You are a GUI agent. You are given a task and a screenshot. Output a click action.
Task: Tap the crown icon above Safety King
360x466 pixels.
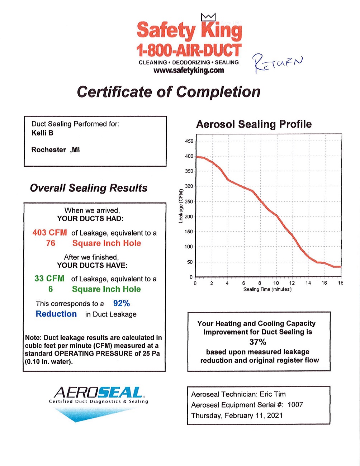[x=208, y=17]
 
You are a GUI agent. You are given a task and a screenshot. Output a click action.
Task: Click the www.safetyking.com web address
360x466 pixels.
[x=189, y=70]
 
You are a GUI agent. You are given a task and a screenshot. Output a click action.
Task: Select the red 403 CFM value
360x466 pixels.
[x=49, y=233]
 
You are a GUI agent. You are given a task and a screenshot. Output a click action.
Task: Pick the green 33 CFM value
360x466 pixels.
[x=49, y=279]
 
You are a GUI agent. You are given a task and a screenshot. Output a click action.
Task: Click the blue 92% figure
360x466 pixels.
[x=122, y=304]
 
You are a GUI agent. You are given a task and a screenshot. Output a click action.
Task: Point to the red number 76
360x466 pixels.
[x=51, y=243]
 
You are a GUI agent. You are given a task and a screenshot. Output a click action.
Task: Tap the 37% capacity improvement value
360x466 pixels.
[x=258, y=342]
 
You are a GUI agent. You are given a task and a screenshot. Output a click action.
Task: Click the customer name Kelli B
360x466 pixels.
[x=42, y=133]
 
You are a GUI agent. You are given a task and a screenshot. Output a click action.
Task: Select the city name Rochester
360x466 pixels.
[x=49, y=150]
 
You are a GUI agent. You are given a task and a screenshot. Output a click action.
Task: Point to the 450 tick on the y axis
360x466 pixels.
[x=189, y=141]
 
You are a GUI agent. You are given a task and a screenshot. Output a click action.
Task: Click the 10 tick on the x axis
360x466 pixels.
[x=276, y=283]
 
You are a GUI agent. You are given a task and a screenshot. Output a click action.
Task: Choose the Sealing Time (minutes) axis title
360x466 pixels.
[x=267, y=290]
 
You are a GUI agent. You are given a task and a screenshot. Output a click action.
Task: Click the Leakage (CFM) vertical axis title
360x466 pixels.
[x=181, y=205]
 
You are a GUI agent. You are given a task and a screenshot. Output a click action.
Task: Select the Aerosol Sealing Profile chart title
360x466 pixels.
[x=254, y=124]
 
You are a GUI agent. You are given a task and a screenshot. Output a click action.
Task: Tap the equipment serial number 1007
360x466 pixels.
[x=295, y=405]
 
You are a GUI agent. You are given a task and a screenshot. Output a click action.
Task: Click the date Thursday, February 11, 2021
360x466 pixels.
[x=237, y=415]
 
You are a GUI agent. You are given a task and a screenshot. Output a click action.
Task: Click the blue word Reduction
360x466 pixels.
[x=56, y=314]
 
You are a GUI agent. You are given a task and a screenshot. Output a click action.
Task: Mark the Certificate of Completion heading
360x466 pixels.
[x=169, y=92]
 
